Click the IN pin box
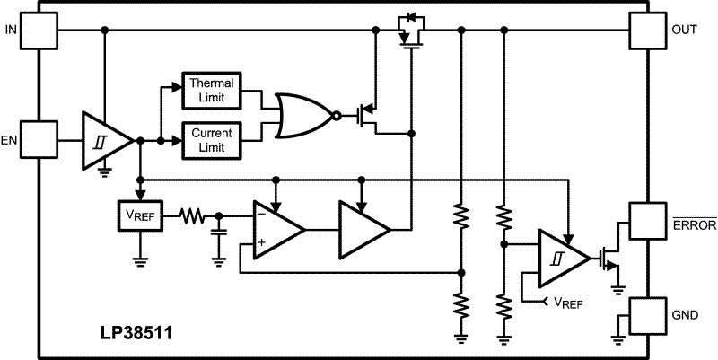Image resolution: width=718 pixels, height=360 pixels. coord(39,31)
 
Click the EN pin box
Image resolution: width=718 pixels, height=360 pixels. coord(39,140)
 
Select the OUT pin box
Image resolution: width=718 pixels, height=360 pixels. coord(648,31)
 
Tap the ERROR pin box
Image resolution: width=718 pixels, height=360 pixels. coord(648,221)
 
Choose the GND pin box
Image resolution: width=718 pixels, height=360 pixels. coord(648,316)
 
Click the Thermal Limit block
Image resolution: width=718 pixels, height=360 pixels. coord(212,91)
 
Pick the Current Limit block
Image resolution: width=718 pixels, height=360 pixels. coord(212,140)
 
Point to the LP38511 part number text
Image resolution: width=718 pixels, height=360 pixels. coord(137,333)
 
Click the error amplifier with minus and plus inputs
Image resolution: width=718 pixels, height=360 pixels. coord(279,229)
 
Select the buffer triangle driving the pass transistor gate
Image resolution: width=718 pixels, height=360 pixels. coord(365,229)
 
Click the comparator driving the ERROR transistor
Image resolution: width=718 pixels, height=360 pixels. coord(565,259)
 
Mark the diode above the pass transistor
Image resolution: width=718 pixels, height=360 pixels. coord(411,18)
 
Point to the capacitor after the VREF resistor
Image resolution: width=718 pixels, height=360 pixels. coord(219,233)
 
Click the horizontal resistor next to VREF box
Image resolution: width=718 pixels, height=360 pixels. coord(192,216)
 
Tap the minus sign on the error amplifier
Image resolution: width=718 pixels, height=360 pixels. coord(261,213)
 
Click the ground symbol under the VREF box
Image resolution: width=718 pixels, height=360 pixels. coord(140,262)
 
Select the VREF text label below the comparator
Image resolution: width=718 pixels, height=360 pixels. coord(568,303)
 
